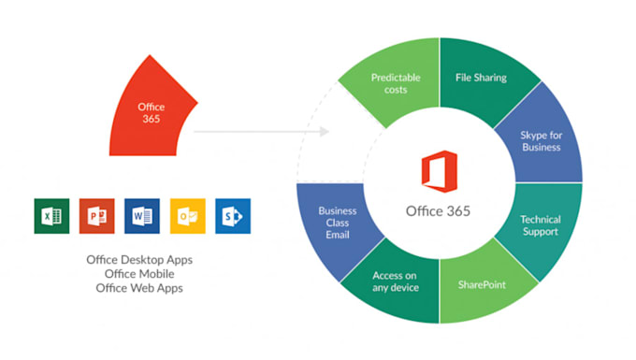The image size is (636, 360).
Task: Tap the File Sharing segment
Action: tap(480, 79)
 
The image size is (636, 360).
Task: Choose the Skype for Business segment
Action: tap(540, 140)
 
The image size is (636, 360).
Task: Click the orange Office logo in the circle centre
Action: tap(438, 173)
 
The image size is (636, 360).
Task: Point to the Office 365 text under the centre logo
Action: tap(439, 210)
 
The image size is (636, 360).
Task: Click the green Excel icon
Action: tap(51, 216)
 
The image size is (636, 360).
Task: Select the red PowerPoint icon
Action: tap(96, 216)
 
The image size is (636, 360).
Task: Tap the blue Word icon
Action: tap(142, 216)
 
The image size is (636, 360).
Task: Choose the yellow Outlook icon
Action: tap(187, 216)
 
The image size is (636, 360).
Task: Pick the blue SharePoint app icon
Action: tap(233, 216)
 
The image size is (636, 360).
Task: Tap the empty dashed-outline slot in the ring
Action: tap(323, 150)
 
